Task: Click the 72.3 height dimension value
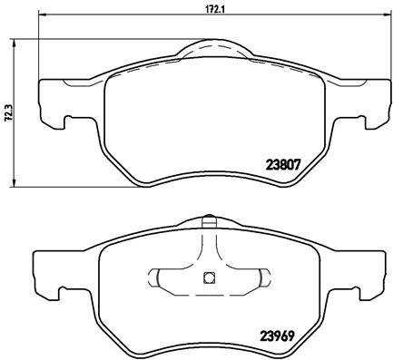pos(9,113)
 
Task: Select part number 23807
pos(283,165)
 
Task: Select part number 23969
pos(278,336)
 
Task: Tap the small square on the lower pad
pos(209,277)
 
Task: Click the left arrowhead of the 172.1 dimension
pos(43,15)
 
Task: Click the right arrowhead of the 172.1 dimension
pos(387,15)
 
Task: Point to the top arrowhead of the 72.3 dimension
pos(13,43)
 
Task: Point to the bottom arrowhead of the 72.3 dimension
pos(13,182)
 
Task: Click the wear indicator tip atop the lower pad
pos(209,220)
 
